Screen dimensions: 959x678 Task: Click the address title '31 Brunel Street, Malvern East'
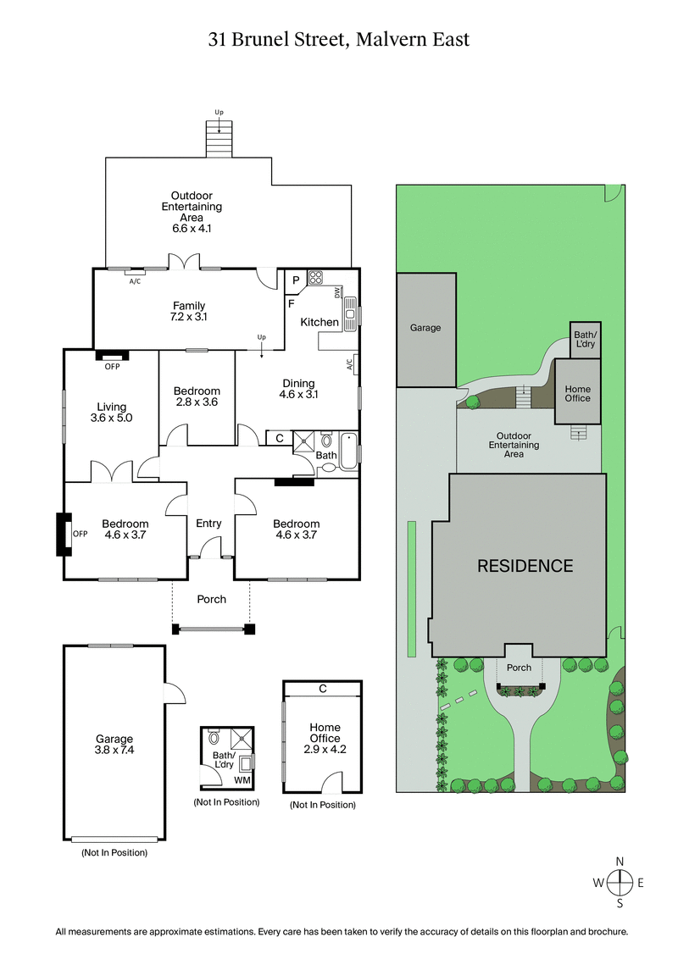coord(339,39)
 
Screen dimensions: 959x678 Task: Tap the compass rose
coord(620,882)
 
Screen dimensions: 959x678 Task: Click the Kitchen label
coord(320,322)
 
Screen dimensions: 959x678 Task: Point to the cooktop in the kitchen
coord(316,277)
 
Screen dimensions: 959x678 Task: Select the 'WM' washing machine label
coord(242,779)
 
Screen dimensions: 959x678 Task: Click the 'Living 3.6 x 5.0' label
coord(112,412)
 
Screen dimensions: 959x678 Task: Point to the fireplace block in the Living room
coord(111,356)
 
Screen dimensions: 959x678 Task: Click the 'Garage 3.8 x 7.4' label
coord(114,745)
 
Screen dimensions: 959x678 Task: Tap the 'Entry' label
coord(208,524)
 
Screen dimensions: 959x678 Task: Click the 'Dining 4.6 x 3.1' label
coord(297,389)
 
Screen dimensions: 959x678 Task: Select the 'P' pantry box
coord(296,280)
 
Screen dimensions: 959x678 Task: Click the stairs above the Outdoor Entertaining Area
coord(220,139)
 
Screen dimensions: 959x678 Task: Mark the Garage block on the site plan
coord(425,329)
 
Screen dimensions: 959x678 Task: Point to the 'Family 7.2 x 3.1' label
coord(189,311)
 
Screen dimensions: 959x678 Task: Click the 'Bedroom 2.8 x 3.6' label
coord(197,396)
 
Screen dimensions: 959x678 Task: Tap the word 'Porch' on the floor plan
coord(211,599)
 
